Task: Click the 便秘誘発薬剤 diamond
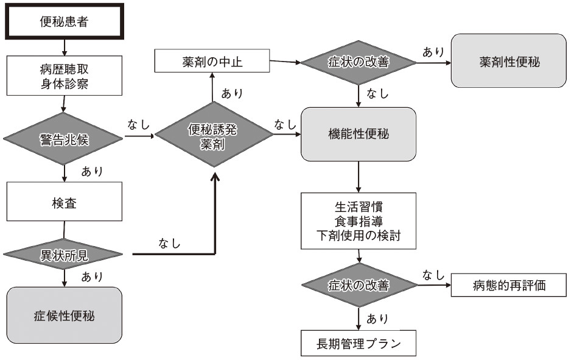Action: click(x=213, y=138)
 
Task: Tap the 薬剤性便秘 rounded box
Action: click(x=509, y=61)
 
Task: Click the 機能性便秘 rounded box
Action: click(x=359, y=135)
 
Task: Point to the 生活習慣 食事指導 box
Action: click(x=359, y=220)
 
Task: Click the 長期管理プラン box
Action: click(x=359, y=343)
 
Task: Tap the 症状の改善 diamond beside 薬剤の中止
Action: click(x=359, y=62)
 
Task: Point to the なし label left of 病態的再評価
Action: click(x=433, y=275)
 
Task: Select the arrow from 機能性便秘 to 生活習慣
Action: click(x=359, y=177)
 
